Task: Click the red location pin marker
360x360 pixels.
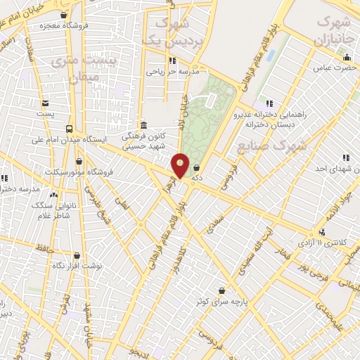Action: click(x=181, y=166)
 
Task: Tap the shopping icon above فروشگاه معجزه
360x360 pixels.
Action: click(x=64, y=15)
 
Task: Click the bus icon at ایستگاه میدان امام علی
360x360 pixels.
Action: click(x=69, y=129)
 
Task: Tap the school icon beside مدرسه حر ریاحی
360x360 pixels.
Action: click(x=173, y=60)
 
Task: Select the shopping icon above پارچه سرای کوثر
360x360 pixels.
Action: click(x=222, y=290)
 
